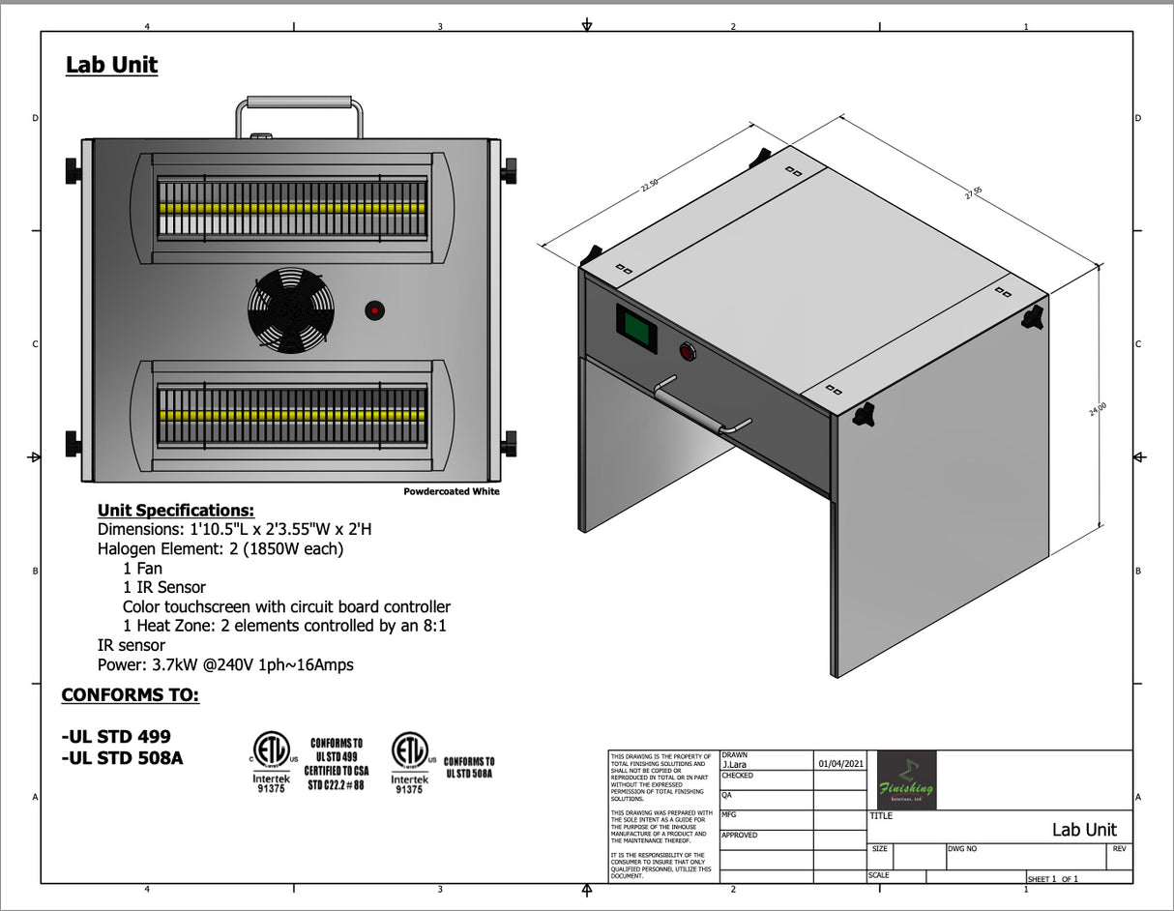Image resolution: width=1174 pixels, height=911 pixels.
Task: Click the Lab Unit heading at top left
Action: point(111,65)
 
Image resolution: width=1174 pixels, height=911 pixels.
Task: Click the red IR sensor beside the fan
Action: point(374,310)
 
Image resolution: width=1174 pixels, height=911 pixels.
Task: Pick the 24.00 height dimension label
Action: point(1098,410)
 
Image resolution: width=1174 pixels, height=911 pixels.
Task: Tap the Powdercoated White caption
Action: point(452,491)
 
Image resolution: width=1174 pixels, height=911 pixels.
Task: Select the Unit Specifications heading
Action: point(176,510)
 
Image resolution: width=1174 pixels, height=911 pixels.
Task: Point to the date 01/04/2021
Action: point(839,764)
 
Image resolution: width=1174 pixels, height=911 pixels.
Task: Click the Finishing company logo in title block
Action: point(906,779)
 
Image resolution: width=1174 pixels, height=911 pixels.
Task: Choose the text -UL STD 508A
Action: point(122,758)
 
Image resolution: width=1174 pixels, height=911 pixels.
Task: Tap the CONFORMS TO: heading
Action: point(131,695)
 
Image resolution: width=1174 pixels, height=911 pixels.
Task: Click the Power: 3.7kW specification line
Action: point(225,664)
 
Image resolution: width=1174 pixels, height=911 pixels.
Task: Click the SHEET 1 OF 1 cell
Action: point(1052,878)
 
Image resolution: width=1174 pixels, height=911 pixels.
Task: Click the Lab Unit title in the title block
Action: point(1083,830)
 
